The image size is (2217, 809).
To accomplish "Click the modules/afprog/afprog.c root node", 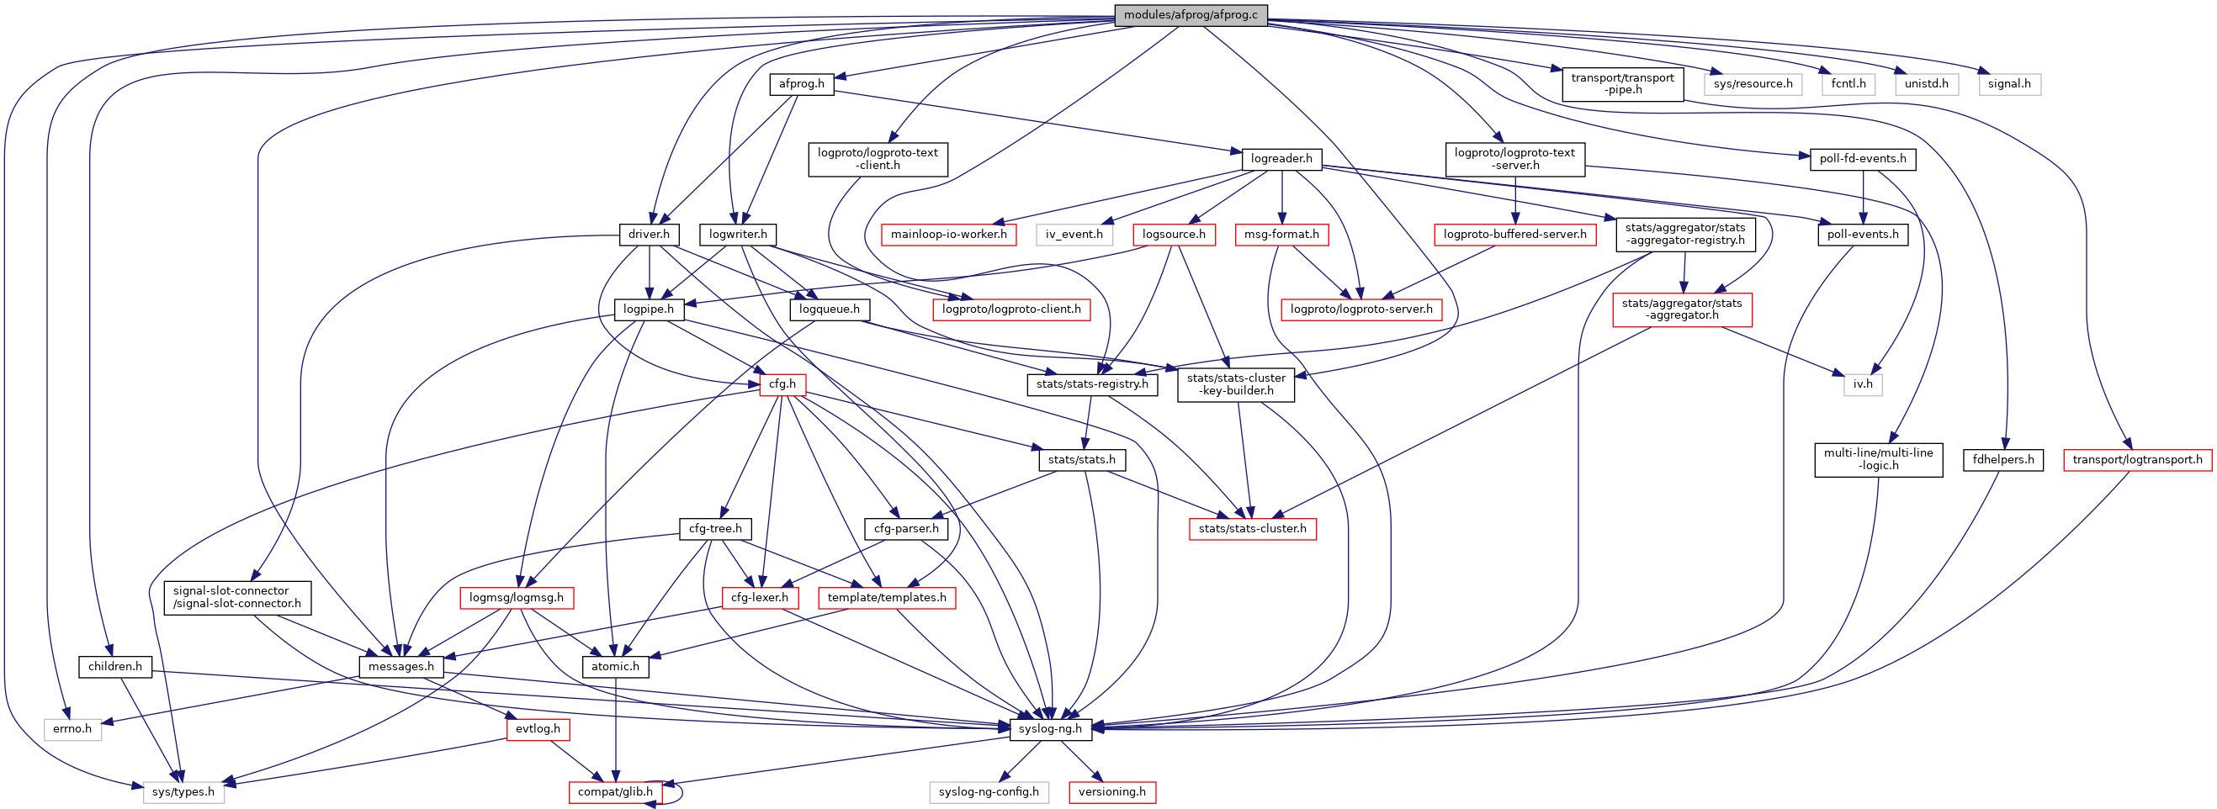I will (1191, 15).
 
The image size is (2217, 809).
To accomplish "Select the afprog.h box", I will (801, 84).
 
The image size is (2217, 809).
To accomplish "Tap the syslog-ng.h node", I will (1050, 729).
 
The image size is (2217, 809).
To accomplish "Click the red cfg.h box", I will (782, 383).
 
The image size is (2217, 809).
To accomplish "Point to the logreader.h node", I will (1281, 159).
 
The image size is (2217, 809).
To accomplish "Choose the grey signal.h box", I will (2008, 84).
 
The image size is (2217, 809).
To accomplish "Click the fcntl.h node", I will (1848, 84).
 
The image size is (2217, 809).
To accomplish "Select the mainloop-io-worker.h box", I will (948, 234).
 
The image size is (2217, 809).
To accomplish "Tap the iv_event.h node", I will (1074, 234).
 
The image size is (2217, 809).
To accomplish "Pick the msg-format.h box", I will (1281, 234).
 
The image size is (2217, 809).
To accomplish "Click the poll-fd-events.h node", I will (1863, 159).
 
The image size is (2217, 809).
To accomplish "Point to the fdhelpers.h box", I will (2003, 459).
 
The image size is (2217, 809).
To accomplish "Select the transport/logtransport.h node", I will (2137, 459).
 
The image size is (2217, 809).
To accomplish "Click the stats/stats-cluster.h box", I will (1252, 528).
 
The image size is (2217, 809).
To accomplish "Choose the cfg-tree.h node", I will (715, 528).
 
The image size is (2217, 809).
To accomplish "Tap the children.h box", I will (114, 666).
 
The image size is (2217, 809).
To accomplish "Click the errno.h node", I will (72, 729).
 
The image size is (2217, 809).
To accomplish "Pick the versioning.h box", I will (1112, 792).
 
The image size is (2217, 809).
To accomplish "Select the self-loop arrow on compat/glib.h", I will (680, 792).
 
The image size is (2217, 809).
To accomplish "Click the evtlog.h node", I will (537, 729).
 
